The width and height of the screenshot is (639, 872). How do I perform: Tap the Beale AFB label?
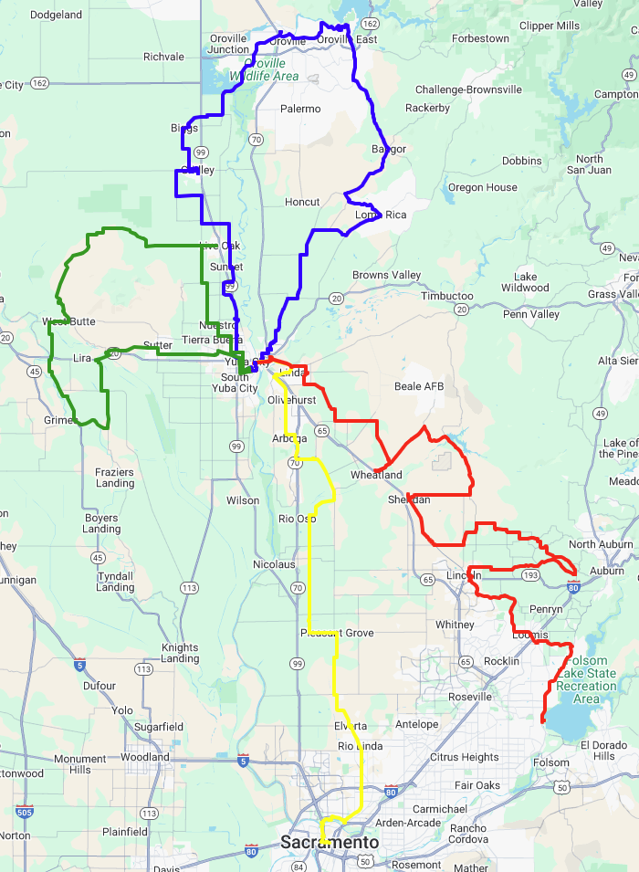pyautogui.click(x=419, y=386)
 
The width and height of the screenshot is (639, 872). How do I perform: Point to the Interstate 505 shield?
pyautogui.click(x=25, y=810)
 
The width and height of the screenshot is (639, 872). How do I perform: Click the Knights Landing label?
pyautogui.click(x=180, y=653)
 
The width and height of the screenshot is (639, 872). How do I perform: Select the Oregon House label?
pyautogui.click(x=482, y=187)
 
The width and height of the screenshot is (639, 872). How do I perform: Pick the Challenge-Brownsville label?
pyautogui.click(x=468, y=89)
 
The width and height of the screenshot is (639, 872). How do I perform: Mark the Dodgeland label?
pyautogui.click(x=56, y=15)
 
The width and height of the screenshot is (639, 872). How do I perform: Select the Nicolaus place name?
pyautogui.click(x=274, y=564)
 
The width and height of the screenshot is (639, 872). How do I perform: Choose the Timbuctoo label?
pyautogui.click(x=446, y=296)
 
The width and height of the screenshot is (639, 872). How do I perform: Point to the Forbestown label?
pyautogui.click(x=479, y=38)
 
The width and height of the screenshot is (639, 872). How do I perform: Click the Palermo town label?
pyautogui.click(x=300, y=109)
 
